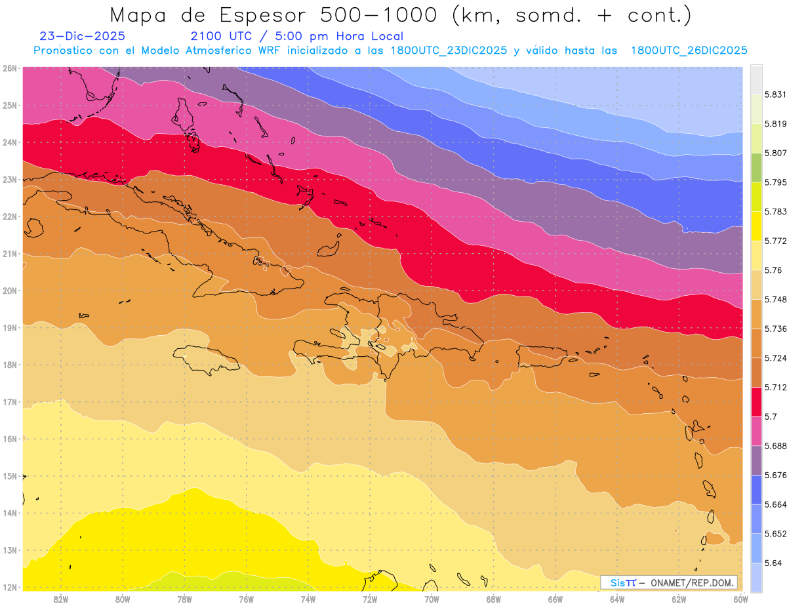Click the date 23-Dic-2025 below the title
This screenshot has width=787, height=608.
tap(82, 37)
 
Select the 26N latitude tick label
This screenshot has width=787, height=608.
tap(10, 68)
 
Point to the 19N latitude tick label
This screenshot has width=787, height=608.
tap(10, 328)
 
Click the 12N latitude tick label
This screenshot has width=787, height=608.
tap(10, 588)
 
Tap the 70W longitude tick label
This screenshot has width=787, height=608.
tap(432, 599)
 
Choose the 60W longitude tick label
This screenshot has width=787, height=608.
tap(740, 599)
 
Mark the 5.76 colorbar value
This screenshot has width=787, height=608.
tap(771, 270)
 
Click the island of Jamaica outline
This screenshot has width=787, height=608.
tap(206, 359)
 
